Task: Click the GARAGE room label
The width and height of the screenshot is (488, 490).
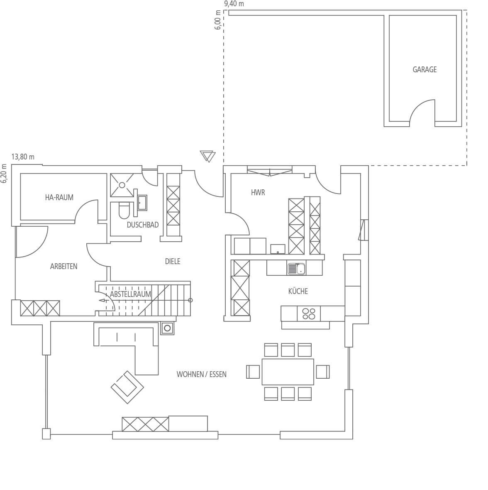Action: [x=425, y=69]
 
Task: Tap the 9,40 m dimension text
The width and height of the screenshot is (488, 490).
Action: [x=234, y=4]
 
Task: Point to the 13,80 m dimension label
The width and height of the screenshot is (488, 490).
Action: [x=23, y=157]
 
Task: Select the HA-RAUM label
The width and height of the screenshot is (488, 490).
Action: [x=59, y=198]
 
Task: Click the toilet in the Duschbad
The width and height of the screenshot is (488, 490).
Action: [x=124, y=210]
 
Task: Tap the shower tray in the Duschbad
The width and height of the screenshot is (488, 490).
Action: [x=122, y=185]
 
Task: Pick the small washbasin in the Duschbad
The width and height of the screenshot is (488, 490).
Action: [x=142, y=203]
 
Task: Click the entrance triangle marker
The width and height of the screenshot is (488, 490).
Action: [x=207, y=156]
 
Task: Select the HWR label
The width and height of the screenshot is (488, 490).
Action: [x=258, y=193]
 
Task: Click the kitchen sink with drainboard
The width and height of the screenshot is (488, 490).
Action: [x=296, y=269]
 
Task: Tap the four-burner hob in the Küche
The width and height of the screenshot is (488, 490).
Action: [x=309, y=314]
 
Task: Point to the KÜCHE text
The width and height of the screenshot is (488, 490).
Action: [x=298, y=291]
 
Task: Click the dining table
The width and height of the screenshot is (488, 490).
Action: [x=288, y=372]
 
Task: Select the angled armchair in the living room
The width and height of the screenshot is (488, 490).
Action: [x=127, y=387]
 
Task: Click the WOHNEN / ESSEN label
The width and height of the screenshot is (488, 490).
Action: [x=201, y=375]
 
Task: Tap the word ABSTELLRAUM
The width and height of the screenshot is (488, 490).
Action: [x=130, y=294]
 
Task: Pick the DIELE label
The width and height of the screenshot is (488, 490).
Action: [x=173, y=261]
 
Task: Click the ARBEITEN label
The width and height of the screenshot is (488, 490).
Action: [x=63, y=266]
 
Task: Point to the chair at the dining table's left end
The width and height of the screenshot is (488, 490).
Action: [x=253, y=372]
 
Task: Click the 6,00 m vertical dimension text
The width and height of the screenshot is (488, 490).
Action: [x=218, y=20]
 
